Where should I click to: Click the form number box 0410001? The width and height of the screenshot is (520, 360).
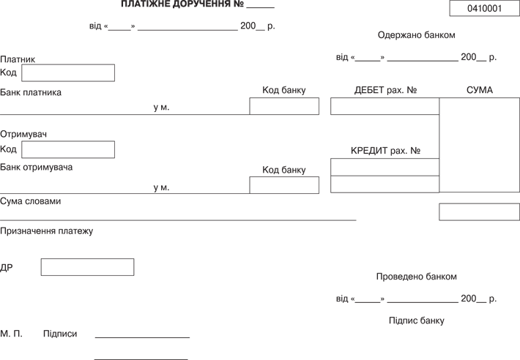(x=484, y=9)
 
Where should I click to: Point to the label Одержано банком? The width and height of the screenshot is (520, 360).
(x=416, y=35)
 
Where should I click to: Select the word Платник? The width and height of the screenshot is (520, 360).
(x=18, y=59)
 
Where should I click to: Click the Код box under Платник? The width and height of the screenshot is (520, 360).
(x=68, y=72)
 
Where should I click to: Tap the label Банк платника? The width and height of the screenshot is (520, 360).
(x=31, y=93)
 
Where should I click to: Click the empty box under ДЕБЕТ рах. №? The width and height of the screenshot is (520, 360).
(x=385, y=106)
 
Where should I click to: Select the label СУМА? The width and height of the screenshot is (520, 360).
(x=480, y=91)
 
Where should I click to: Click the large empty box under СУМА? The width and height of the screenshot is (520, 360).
(x=479, y=144)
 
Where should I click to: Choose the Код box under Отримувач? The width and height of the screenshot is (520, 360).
(x=68, y=149)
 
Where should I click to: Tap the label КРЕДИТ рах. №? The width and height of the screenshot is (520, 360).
(x=385, y=151)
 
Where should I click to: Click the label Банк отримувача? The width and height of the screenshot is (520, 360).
(x=37, y=168)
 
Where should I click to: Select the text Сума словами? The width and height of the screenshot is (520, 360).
(x=31, y=201)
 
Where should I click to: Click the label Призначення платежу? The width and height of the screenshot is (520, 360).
(x=47, y=231)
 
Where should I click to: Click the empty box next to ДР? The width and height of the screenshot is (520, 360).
(x=87, y=267)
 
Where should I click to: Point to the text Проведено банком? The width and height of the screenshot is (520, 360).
(x=416, y=277)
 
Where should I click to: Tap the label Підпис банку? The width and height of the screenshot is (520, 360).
(x=416, y=320)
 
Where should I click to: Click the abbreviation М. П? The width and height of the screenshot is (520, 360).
(x=11, y=334)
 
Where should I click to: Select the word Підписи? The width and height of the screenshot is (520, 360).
(x=60, y=334)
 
